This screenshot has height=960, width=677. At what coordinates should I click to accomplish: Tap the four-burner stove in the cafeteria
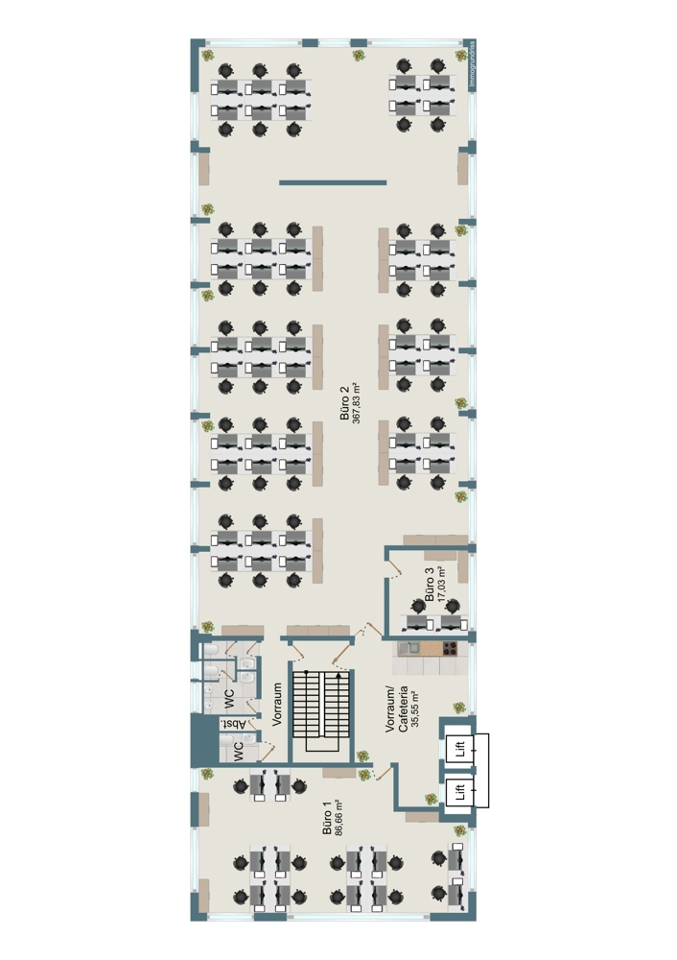(450, 648)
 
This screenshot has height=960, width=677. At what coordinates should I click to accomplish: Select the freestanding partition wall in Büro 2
(333, 181)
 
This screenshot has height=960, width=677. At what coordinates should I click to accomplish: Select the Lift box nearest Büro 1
(460, 792)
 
